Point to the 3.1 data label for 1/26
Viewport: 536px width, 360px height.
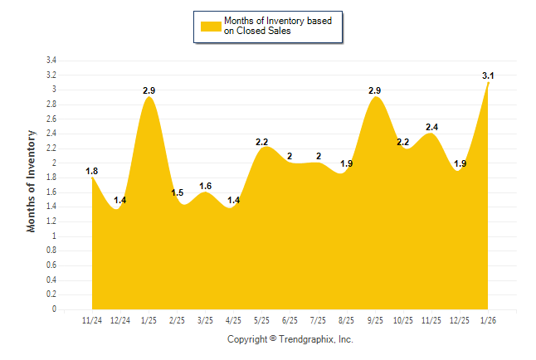click(x=489, y=76)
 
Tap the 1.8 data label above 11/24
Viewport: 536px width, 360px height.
click(x=92, y=172)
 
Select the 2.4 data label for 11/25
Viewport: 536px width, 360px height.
click(x=431, y=127)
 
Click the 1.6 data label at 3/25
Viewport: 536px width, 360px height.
click(x=206, y=186)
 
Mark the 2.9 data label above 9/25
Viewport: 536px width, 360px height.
click(x=375, y=90)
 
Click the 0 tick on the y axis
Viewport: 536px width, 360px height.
click(x=54, y=309)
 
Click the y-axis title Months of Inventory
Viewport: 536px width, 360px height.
click(x=32, y=181)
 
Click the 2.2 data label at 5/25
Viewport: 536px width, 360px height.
click(x=262, y=142)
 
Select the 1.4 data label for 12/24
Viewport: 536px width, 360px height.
click(x=120, y=201)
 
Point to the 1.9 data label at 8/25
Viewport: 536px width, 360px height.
click(x=347, y=164)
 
